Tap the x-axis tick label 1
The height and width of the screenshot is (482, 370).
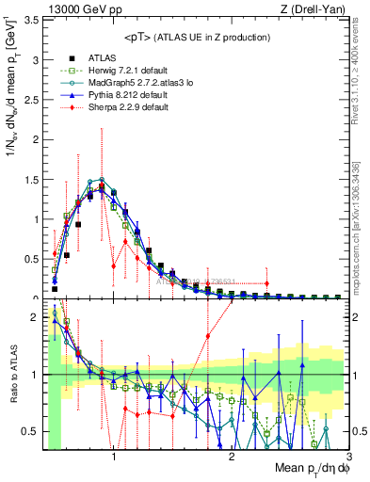click(114, 456)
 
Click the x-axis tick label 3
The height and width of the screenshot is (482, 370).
click(348, 456)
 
